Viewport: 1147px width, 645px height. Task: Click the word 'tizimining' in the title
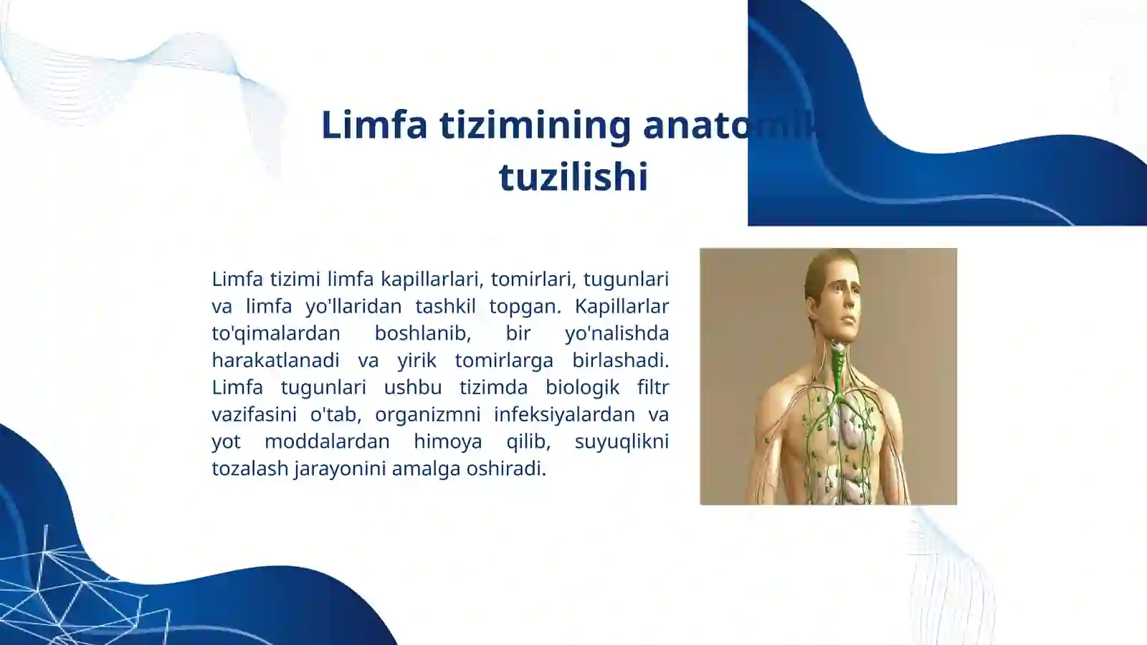pos(535,125)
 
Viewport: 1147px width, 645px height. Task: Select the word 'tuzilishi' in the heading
pos(573,177)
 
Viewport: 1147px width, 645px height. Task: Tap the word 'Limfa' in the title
pos(373,125)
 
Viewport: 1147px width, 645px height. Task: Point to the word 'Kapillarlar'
pos(622,306)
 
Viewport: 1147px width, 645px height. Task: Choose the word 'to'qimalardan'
pos(276,333)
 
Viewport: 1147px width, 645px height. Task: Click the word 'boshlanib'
pos(422,333)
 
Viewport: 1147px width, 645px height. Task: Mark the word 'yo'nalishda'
pos(617,333)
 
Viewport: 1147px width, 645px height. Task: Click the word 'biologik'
pos(582,387)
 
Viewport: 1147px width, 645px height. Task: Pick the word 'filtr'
pos(652,387)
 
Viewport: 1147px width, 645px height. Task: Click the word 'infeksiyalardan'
pos(564,414)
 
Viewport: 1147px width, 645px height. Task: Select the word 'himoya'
pos(447,441)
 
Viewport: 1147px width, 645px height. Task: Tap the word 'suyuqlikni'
pos(622,441)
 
